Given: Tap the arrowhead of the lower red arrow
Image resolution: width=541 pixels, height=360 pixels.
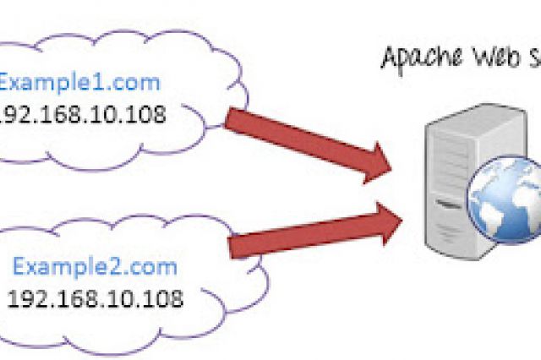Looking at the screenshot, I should coord(387,221).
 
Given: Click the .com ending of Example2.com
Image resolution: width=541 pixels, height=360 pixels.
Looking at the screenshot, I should coord(156,269).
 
